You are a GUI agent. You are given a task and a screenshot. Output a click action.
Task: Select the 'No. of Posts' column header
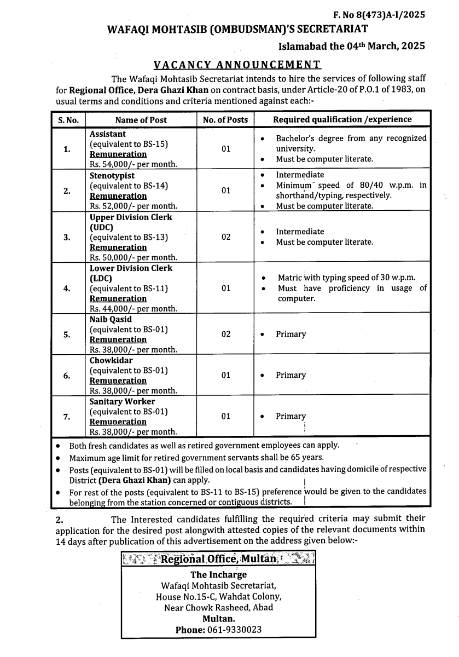(x=225, y=120)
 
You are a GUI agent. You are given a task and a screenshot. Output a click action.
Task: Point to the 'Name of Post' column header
(x=141, y=120)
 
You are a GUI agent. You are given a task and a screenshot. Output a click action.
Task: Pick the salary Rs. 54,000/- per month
(x=133, y=164)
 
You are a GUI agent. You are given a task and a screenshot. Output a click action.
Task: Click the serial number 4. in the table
(x=67, y=289)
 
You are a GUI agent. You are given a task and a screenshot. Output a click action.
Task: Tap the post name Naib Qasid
(x=111, y=319)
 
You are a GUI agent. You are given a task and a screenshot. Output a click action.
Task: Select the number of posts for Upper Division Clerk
(x=226, y=237)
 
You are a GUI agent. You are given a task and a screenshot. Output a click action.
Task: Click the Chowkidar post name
(x=111, y=361)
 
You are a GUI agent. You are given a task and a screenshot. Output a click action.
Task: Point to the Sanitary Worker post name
(x=123, y=401)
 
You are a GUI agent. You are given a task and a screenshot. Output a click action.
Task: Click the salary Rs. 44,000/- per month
(x=133, y=309)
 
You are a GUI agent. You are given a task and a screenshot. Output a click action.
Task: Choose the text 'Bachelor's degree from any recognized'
(x=351, y=139)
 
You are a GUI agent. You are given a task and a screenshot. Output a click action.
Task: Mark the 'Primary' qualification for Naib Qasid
(x=290, y=334)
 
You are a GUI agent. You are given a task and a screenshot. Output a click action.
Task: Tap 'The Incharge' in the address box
(x=218, y=575)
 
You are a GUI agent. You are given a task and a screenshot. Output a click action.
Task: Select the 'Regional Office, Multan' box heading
(x=219, y=559)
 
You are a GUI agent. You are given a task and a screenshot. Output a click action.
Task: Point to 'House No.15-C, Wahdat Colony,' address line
(x=218, y=597)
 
